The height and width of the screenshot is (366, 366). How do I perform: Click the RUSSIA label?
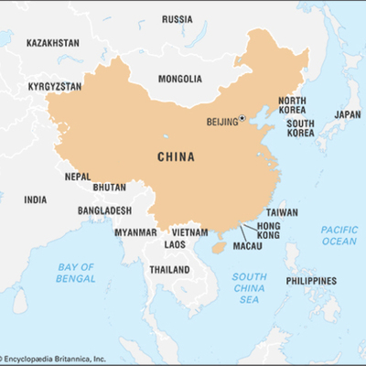(177, 19)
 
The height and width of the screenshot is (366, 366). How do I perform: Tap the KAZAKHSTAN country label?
(52, 43)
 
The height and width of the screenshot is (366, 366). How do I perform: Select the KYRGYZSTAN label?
(55, 86)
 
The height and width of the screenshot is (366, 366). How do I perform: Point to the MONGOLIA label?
(179, 79)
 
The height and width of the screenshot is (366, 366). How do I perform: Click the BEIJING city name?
(221, 121)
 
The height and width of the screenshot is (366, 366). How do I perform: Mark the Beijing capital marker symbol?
(242, 117)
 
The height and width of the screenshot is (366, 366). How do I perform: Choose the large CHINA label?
(176, 156)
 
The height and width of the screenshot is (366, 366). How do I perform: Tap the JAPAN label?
(348, 114)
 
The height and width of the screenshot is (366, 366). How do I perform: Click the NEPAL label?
(78, 177)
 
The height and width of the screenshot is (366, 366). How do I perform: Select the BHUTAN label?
(110, 188)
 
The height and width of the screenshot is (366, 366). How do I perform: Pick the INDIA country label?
(36, 199)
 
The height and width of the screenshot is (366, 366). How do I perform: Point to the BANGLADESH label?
(104, 210)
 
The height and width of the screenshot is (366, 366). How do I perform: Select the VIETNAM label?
(190, 232)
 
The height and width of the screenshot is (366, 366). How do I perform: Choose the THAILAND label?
(169, 270)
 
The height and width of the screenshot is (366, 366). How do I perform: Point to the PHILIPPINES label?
(310, 281)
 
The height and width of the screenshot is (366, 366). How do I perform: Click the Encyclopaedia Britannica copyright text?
(66, 358)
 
